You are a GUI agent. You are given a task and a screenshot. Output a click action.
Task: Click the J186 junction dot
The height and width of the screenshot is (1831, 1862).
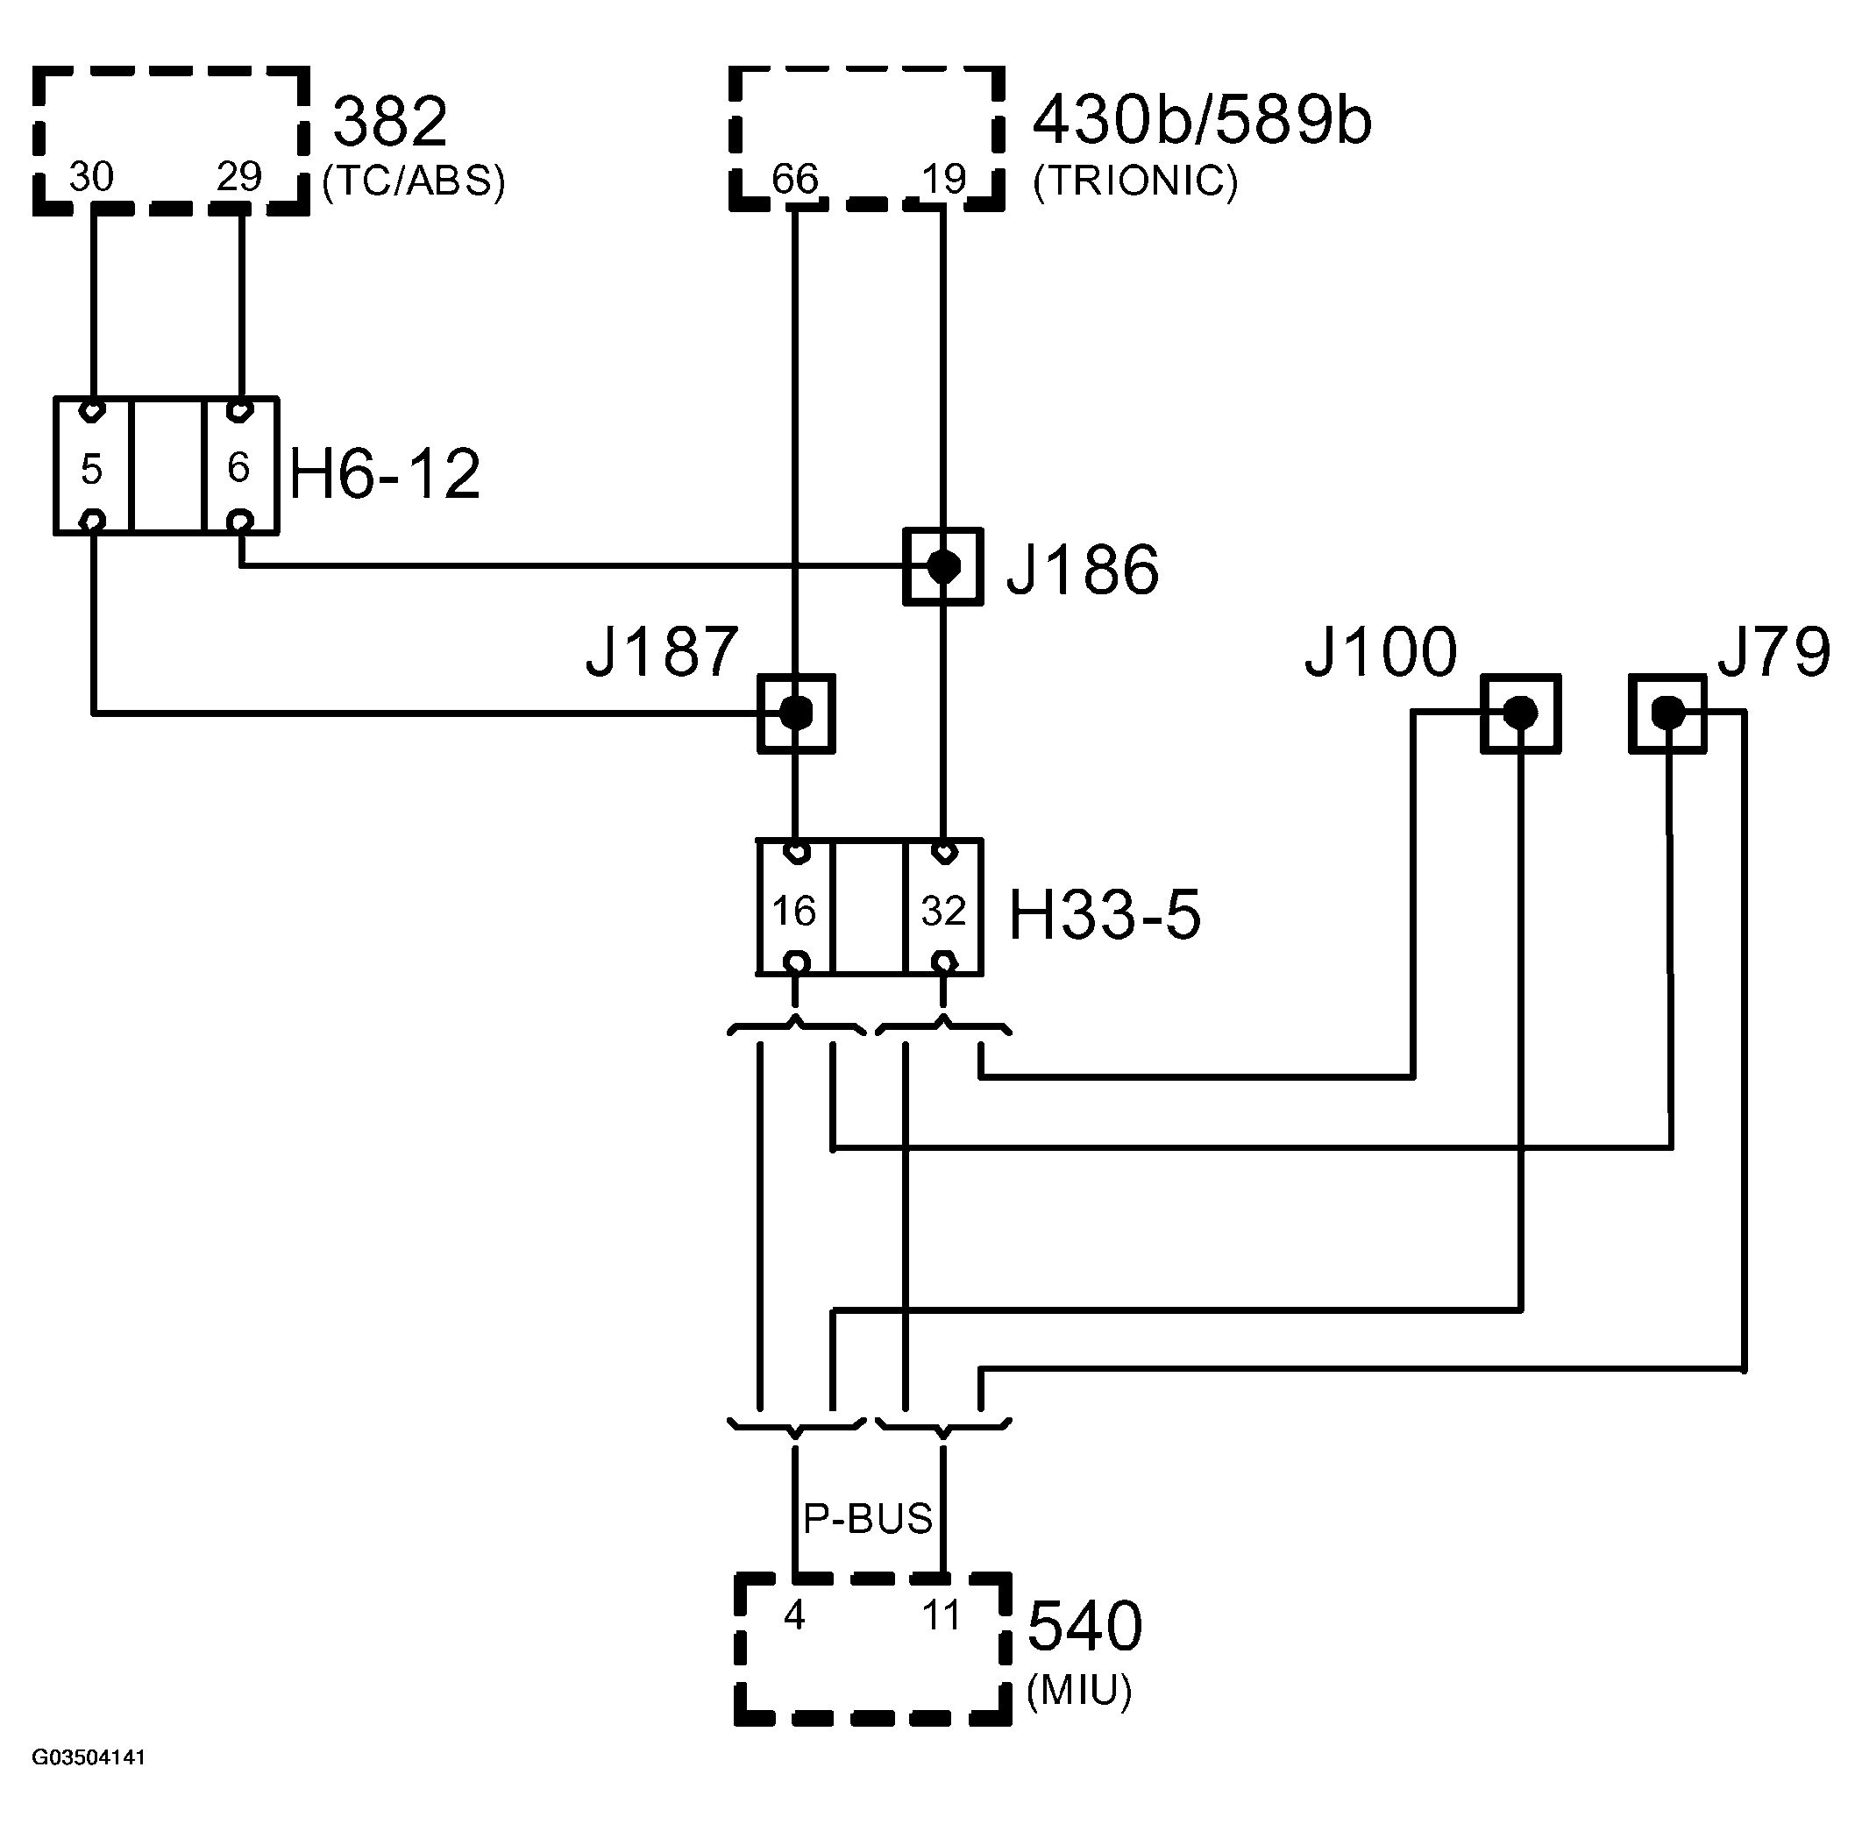tap(942, 566)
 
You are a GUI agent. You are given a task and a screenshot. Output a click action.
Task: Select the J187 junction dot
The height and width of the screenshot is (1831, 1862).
tap(794, 713)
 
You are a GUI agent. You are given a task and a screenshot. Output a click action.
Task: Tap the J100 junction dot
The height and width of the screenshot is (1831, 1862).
tap(1518, 713)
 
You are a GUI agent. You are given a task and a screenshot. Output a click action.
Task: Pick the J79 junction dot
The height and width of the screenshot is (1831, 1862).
tap(1667, 713)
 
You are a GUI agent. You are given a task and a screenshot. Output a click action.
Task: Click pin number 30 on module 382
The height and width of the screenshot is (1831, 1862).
tap(91, 177)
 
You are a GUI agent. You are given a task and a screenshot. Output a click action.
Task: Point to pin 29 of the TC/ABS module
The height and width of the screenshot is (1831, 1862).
tap(238, 177)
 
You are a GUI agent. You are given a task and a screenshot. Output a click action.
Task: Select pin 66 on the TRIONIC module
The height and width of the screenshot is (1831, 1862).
tap(794, 179)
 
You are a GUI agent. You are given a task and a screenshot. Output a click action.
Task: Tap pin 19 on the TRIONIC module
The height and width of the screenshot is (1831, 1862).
tap(942, 179)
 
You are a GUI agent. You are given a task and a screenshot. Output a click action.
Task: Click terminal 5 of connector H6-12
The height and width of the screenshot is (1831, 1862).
tap(91, 469)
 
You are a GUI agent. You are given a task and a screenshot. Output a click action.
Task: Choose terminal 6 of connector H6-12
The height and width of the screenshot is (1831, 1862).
tap(238, 467)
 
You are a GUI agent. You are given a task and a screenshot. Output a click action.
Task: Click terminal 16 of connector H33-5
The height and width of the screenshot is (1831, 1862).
tap(794, 910)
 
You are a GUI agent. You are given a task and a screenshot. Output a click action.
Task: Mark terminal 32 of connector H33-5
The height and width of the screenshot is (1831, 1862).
tap(942, 910)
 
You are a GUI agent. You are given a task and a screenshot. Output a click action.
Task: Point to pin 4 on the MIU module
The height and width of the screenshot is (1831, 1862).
tap(793, 1615)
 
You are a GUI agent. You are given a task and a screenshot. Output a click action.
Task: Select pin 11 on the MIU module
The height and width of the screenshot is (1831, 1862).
tap(941, 1615)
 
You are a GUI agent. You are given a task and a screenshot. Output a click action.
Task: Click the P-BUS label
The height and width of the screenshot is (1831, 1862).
tap(868, 1518)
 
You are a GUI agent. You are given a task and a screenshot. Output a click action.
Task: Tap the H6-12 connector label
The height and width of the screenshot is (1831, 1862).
tap(385, 474)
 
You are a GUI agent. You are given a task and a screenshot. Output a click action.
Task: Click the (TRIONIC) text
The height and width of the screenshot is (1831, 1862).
tap(1135, 181)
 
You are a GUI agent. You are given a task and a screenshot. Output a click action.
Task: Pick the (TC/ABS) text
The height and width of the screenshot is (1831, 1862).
tap(414, 181)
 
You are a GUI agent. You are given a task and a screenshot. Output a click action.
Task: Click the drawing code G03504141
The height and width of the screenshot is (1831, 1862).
tap(89, 1758)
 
